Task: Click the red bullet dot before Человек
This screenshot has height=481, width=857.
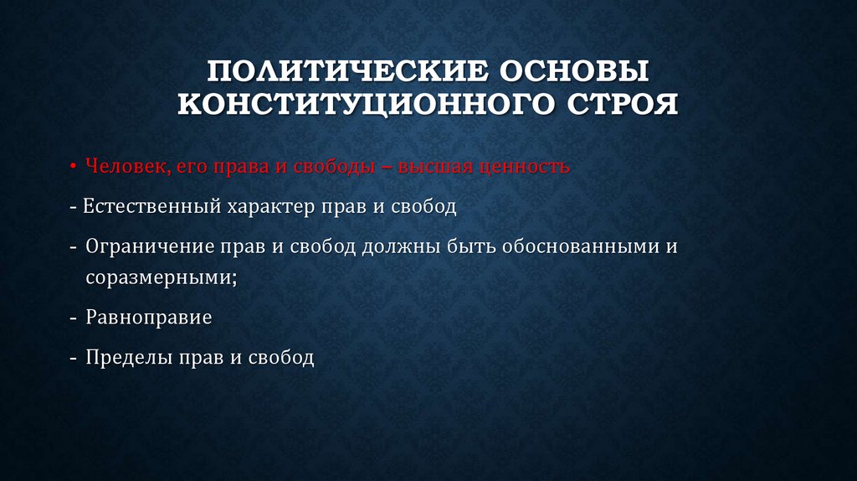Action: coord(74,167)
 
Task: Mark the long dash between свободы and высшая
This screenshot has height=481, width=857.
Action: coord(386,167)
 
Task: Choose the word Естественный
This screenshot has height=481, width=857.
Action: coord(150,207)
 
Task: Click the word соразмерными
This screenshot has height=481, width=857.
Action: coord(159,277)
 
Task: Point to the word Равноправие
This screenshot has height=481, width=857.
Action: coord(148,318)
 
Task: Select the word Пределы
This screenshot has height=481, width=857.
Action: coord(126,358)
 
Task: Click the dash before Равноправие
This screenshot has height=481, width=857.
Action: coord(74,318)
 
